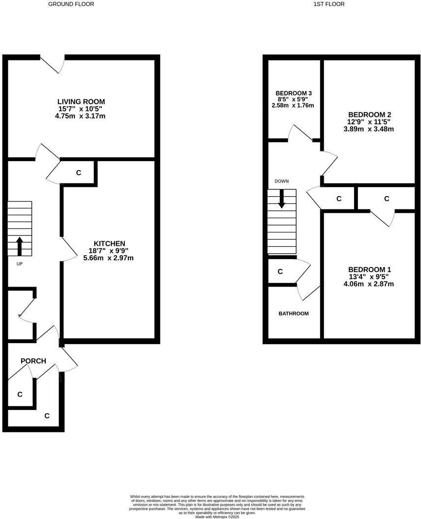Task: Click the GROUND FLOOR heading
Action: pos(71,4)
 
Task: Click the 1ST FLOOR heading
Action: pos(329,4)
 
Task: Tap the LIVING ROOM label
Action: pos(81,102)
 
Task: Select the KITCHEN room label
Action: pos(109,243)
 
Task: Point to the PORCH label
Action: pos(33,361)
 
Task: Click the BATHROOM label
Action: pos(294,314)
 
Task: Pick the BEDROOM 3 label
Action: pos(294,93)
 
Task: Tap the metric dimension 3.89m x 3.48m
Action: pos(369,129)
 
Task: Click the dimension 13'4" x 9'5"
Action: pos(369,277)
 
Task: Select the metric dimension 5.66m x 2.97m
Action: pos(108,258)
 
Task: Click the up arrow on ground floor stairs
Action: pos(20,246)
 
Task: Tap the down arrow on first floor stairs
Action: pos(281,199)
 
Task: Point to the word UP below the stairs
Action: pos(20,264)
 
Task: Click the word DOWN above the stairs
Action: pos(281,181)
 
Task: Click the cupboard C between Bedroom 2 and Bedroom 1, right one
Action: pos(387,199)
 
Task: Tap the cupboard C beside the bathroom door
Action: pos(280,271)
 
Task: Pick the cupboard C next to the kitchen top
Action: pos(79,173)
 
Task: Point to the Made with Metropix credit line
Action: pos(217,517)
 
